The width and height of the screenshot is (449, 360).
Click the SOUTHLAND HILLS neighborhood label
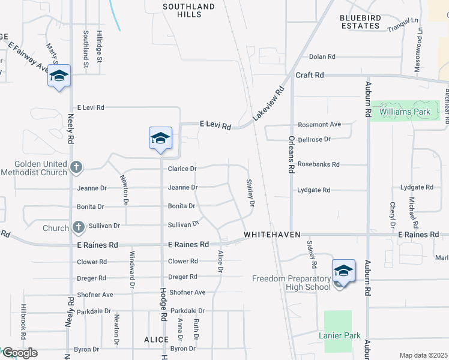[188, 10]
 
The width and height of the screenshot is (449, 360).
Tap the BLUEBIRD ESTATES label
[360, 22]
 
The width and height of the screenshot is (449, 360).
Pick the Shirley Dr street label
[251, 193]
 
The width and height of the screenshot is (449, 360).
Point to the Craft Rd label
[310, 75]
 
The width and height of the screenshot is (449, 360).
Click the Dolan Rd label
[322, 57]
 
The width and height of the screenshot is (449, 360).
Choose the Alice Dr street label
[220, 262]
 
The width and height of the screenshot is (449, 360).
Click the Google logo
[20, 353]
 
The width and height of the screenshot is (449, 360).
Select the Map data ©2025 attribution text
[423, 355]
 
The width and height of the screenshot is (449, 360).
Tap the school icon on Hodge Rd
[160, 138]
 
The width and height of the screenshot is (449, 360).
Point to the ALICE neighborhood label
[156, 340]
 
